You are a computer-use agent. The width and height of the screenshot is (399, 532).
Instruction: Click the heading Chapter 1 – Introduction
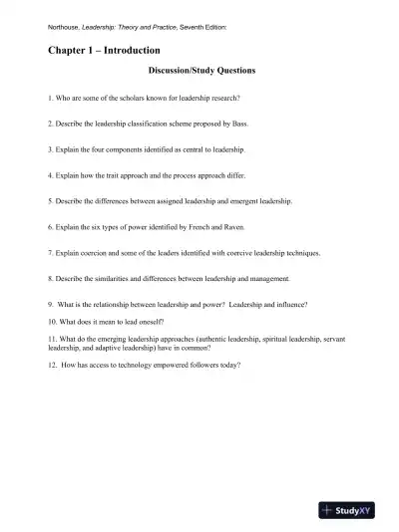click(x=104, y=50)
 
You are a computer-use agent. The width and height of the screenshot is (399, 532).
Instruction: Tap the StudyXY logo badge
click(x=352, y=510)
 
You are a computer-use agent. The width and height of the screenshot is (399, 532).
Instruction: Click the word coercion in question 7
click(x=98, y=252)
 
